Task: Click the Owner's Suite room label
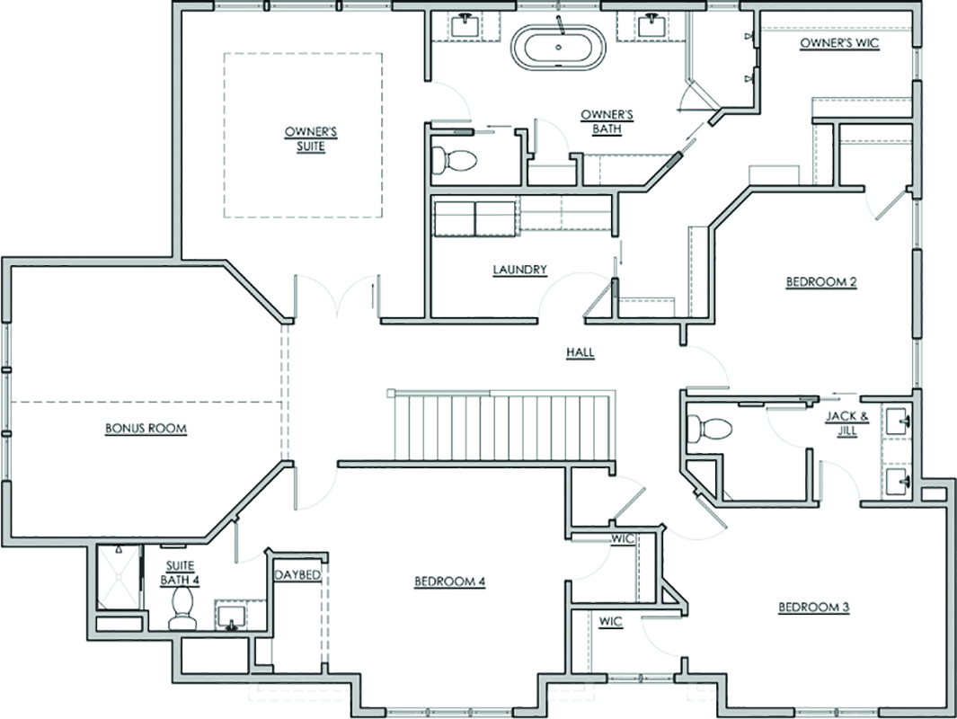pyautogui.click(x=311, y=139)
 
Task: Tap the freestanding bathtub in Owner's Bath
pyautogui.click(x=558, y=47)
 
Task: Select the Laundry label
pyautogui.click(x=519, y=269)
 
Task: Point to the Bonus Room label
pyautogui.click(x=146, y=428)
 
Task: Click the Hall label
pyautogui.click(x=580, y=352)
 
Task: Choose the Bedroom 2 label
pyautogui.click(x=821, y=281)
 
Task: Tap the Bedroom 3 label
pyautogui.click(x=813, y=607)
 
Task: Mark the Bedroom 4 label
pyautogui.click(x=450, y=581)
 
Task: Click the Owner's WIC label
pyautogui.click(x=839, y=43)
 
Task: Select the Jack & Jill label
pyautogui.click(x=847, y=423)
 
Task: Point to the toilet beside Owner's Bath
pyautogui.click(x=453, y=161)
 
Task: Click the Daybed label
pyautogui.click(x=297, y=575)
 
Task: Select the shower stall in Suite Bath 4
pyautogui.click(x=119, y=577)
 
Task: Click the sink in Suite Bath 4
pyautogui.click(x=231, y=616)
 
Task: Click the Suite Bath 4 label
pyautogui.click(x=180, y=573)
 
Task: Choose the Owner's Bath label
pyautogui.click(x=607, y=121)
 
